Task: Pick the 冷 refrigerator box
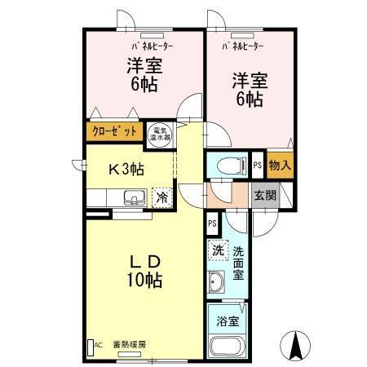click(161, 197)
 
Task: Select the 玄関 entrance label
click(263, 196)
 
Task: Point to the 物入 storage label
click(279, 164)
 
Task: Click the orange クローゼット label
click(114, 130)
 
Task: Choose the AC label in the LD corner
click(96, 344)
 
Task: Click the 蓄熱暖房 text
click(129, 344)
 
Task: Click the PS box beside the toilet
click(257, 164)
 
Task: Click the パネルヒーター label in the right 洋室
click(242, 46)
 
